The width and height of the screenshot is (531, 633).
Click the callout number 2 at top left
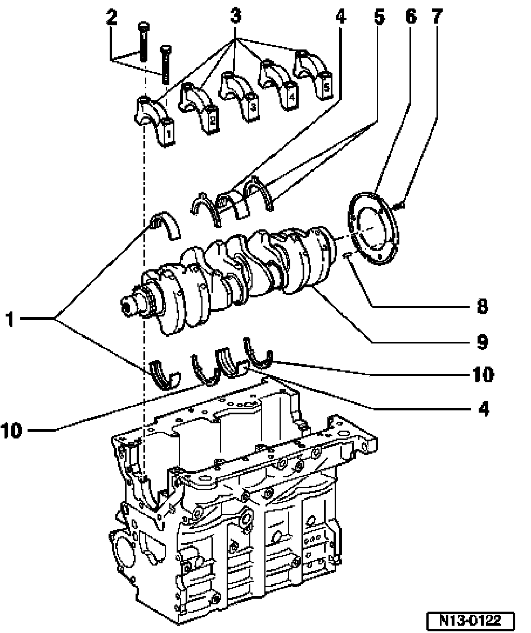[x=112, y=17]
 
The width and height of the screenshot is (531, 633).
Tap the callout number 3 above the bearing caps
[x=236, y=16]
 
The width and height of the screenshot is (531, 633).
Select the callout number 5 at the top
[x=379, y=17]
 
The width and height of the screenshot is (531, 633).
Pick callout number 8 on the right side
[x=482, y=306]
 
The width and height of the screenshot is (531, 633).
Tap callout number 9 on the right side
[x=482, y=342]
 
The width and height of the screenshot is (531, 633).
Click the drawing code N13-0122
[x=470, y=620]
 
